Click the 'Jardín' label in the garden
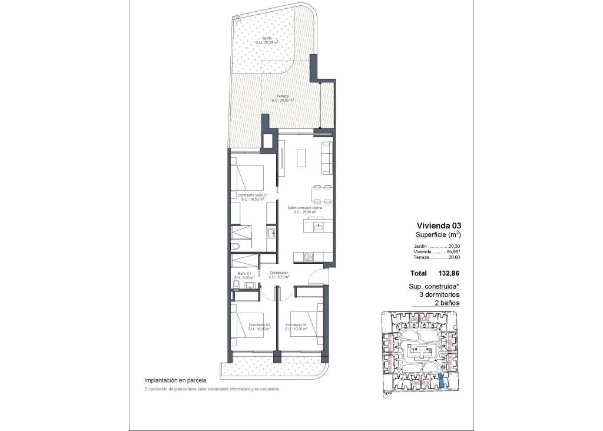(267, 38)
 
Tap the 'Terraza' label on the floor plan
(282, 95)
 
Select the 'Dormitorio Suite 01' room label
(253, 195)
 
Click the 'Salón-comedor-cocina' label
(306, 208)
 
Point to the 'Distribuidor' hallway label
(279, 273)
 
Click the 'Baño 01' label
(244, 274)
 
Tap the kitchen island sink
(317, 226)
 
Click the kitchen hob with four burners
(307, 256)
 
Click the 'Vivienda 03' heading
(439, 225)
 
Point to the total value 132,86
(448, 274)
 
